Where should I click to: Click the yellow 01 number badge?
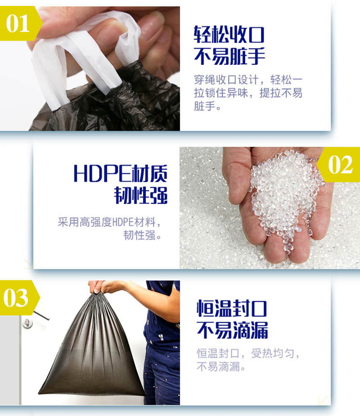(20, 23)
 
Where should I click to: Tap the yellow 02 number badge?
(339, 164)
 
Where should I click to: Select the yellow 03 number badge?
(18, 298)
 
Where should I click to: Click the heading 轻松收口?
(229, 35)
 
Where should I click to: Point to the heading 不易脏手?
(229, 56)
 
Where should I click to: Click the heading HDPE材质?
(120, 173)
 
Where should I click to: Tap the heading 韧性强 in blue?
(141, 195)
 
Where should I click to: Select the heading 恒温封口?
(232, 308)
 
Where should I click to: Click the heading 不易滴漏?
(232, 330)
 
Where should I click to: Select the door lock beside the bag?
(27, 323)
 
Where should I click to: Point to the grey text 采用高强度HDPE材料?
(107, 222)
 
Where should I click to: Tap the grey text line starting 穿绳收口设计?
(248, 80)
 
